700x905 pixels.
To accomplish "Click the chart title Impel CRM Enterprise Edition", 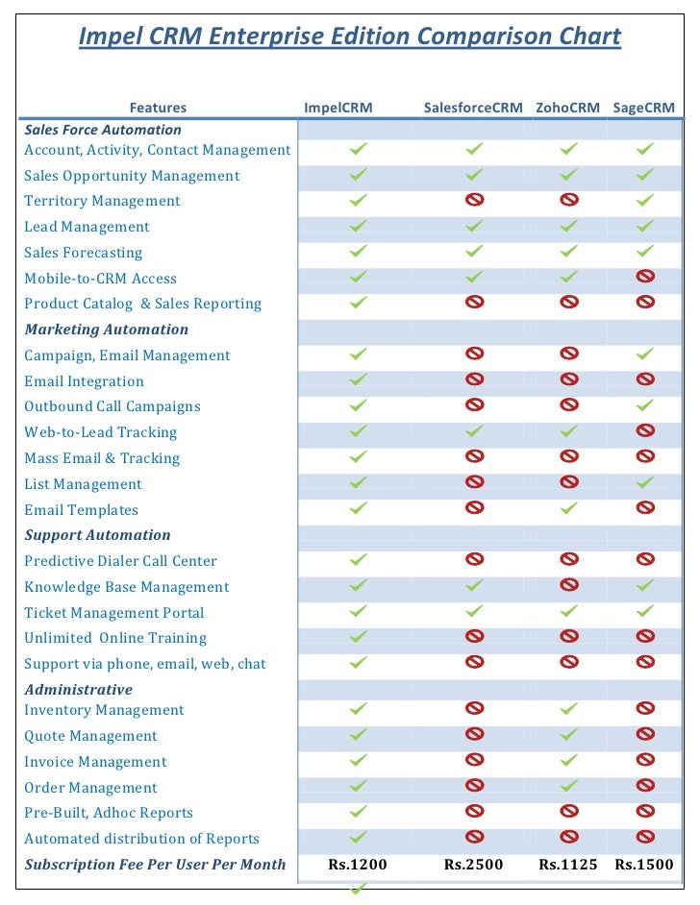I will (349, 37).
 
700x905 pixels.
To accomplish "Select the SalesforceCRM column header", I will (473, 108).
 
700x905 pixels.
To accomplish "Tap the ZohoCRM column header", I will (567, 108).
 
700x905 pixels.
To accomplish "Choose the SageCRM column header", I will (644, 108).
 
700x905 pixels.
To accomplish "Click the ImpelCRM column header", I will (338, 108).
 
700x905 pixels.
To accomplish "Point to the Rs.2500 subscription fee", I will (473, 865).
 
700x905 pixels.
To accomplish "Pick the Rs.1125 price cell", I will (568, 865).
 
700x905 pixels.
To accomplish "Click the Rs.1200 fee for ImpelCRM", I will (358, 865).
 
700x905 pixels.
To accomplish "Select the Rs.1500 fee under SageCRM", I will (644, 865).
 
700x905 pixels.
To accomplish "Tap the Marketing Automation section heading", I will (106, 330).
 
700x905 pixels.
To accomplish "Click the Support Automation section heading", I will (97, 535).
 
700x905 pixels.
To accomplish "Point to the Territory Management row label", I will (102, 201).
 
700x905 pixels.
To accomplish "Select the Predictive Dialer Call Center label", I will (120, 561).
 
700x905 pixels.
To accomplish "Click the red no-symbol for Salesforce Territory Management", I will (474, 200).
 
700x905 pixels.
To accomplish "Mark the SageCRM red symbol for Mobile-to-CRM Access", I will (645, 277).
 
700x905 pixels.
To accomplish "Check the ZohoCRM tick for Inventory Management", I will (569, 708).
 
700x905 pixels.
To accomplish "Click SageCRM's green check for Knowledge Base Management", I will (645, 584).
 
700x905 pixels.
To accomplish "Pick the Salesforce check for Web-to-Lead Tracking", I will (474, 430).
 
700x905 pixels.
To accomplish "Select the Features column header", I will (158, 108).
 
